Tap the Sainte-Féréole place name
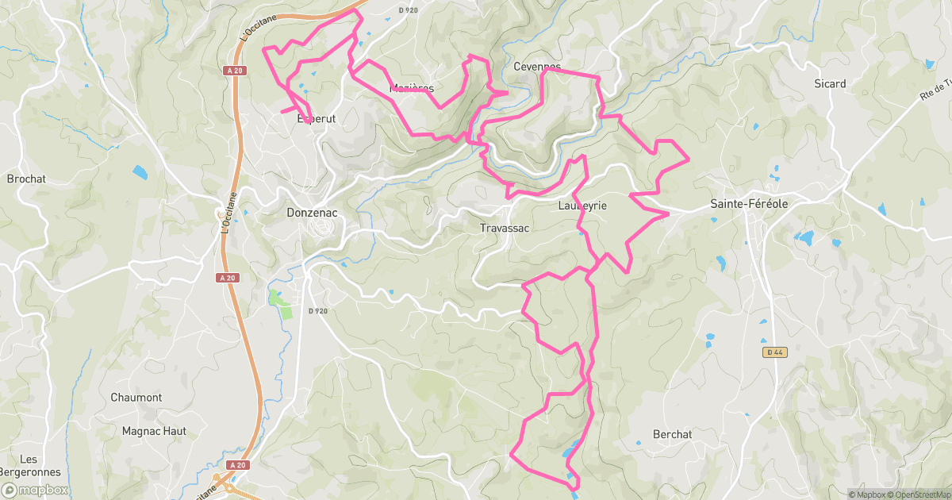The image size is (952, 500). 749,204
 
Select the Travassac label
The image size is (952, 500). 504,228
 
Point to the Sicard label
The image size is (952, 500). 830,83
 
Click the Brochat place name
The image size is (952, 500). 26,179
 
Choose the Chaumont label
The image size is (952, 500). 136,398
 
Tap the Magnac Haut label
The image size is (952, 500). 154,431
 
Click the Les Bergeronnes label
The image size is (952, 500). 29,466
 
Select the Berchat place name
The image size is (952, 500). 672,434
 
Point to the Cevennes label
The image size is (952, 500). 537,67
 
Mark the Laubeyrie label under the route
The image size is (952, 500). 582,206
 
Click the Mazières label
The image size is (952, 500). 412,88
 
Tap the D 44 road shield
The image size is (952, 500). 775,352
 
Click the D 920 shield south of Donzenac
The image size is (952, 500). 317,311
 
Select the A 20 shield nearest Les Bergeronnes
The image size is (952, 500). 237,465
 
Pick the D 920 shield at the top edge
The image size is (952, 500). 408,10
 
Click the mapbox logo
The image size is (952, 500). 35,490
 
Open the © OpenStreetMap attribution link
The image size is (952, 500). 920,494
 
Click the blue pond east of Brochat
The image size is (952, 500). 140,171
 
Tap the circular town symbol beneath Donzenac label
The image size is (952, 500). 322,228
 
